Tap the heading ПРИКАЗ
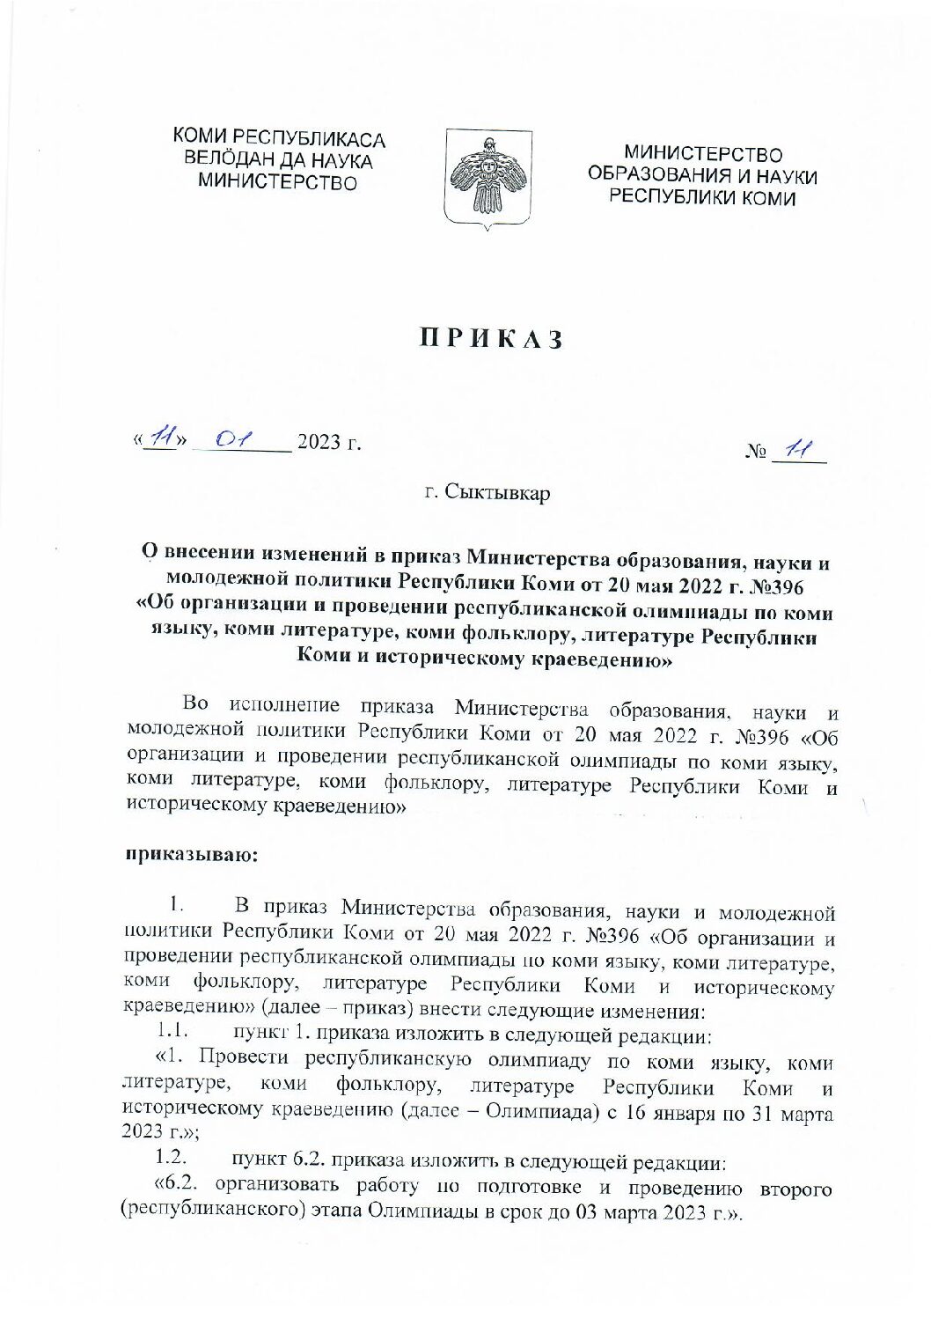(x=489, y=340)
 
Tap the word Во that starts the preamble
(x=195, y=704)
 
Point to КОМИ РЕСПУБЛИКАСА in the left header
(x=279, y=138)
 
